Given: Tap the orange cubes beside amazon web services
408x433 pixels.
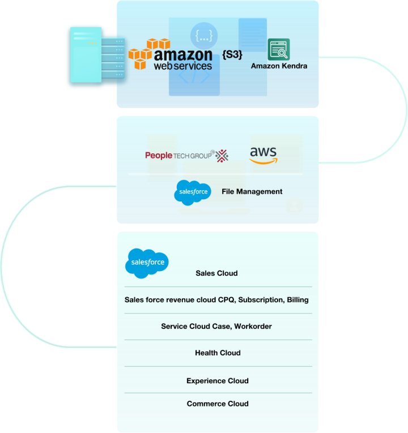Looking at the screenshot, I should [146, 53].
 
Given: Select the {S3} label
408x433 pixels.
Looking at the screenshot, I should [232, 55].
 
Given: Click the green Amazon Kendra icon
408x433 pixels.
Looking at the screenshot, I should [278, 49].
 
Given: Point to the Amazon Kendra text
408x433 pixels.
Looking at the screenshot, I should [278, 66].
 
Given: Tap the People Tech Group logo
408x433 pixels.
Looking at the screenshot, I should [186, 155].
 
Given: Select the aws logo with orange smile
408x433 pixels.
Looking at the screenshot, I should [263, 155].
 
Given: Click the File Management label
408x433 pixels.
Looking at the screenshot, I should [252, 192].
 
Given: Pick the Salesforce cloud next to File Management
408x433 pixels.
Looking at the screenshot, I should [193, 192].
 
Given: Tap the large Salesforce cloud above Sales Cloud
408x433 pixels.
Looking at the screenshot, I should [147, 263].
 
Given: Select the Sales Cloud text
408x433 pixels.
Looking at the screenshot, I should [216, 273].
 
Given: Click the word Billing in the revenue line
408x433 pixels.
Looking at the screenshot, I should [297, 299].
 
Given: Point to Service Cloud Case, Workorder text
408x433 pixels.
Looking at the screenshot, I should [216, 327].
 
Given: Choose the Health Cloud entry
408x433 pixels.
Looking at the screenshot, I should [218, 353].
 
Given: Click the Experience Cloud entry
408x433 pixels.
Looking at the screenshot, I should [218, 381].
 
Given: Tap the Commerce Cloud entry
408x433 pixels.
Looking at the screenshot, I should [218, 404].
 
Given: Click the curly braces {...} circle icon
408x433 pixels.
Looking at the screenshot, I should [203, 36].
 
